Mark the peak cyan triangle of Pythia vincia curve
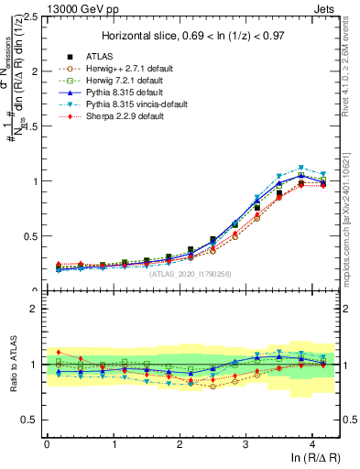coord(300,168)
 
